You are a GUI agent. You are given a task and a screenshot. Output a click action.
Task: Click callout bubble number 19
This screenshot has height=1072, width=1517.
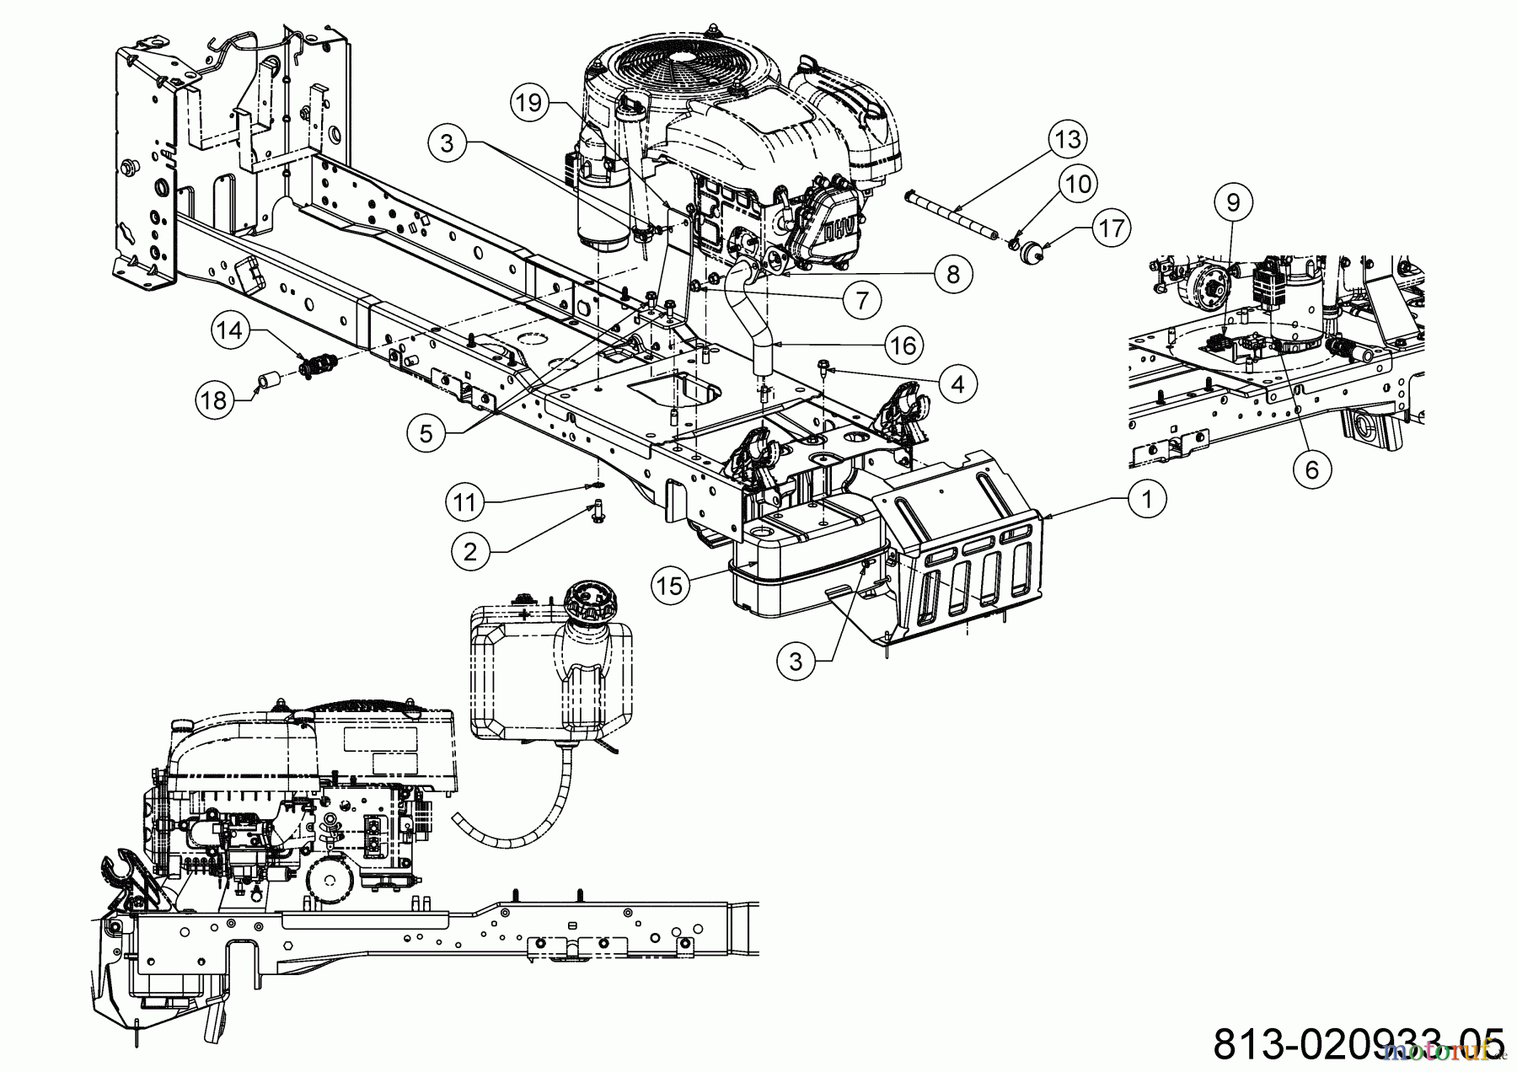[528, 104]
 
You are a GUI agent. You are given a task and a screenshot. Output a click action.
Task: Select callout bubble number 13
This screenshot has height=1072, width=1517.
[1068, 139]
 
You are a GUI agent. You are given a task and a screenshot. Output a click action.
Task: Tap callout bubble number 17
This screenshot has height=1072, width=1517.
[1112, 228]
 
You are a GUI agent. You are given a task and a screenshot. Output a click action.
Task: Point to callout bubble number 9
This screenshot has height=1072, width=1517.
[1233, 202]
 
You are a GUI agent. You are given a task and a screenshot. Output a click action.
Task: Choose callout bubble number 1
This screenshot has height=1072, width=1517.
[1146, 499]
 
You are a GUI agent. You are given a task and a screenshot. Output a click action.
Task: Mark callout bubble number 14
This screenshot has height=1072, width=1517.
[231, 330]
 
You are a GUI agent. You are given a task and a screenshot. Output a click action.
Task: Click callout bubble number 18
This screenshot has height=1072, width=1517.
[215, 399]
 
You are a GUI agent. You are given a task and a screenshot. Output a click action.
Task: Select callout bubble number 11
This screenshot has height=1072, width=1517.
[464, 503]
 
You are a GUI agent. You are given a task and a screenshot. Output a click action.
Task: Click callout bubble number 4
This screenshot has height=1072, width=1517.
[957, 384]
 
